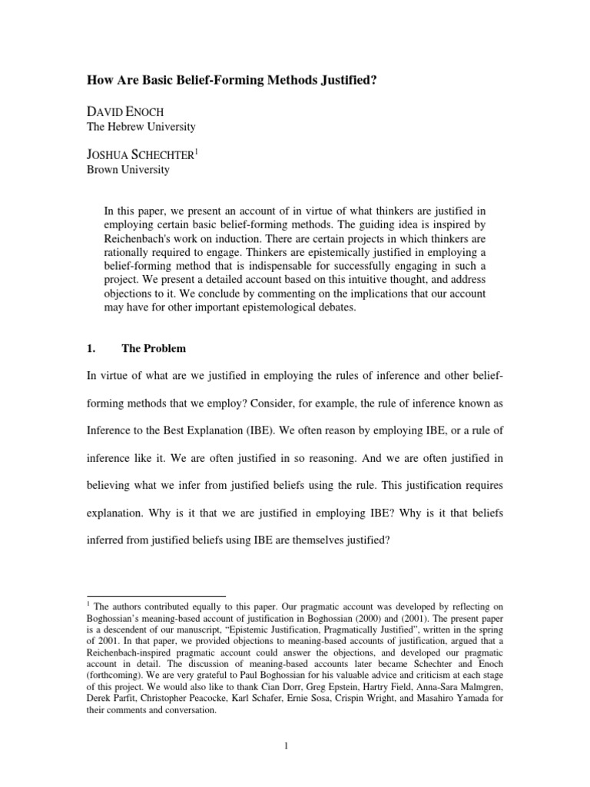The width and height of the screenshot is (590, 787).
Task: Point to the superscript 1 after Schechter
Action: (195, 152)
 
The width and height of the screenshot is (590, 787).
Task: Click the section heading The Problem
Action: (154, 348)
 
